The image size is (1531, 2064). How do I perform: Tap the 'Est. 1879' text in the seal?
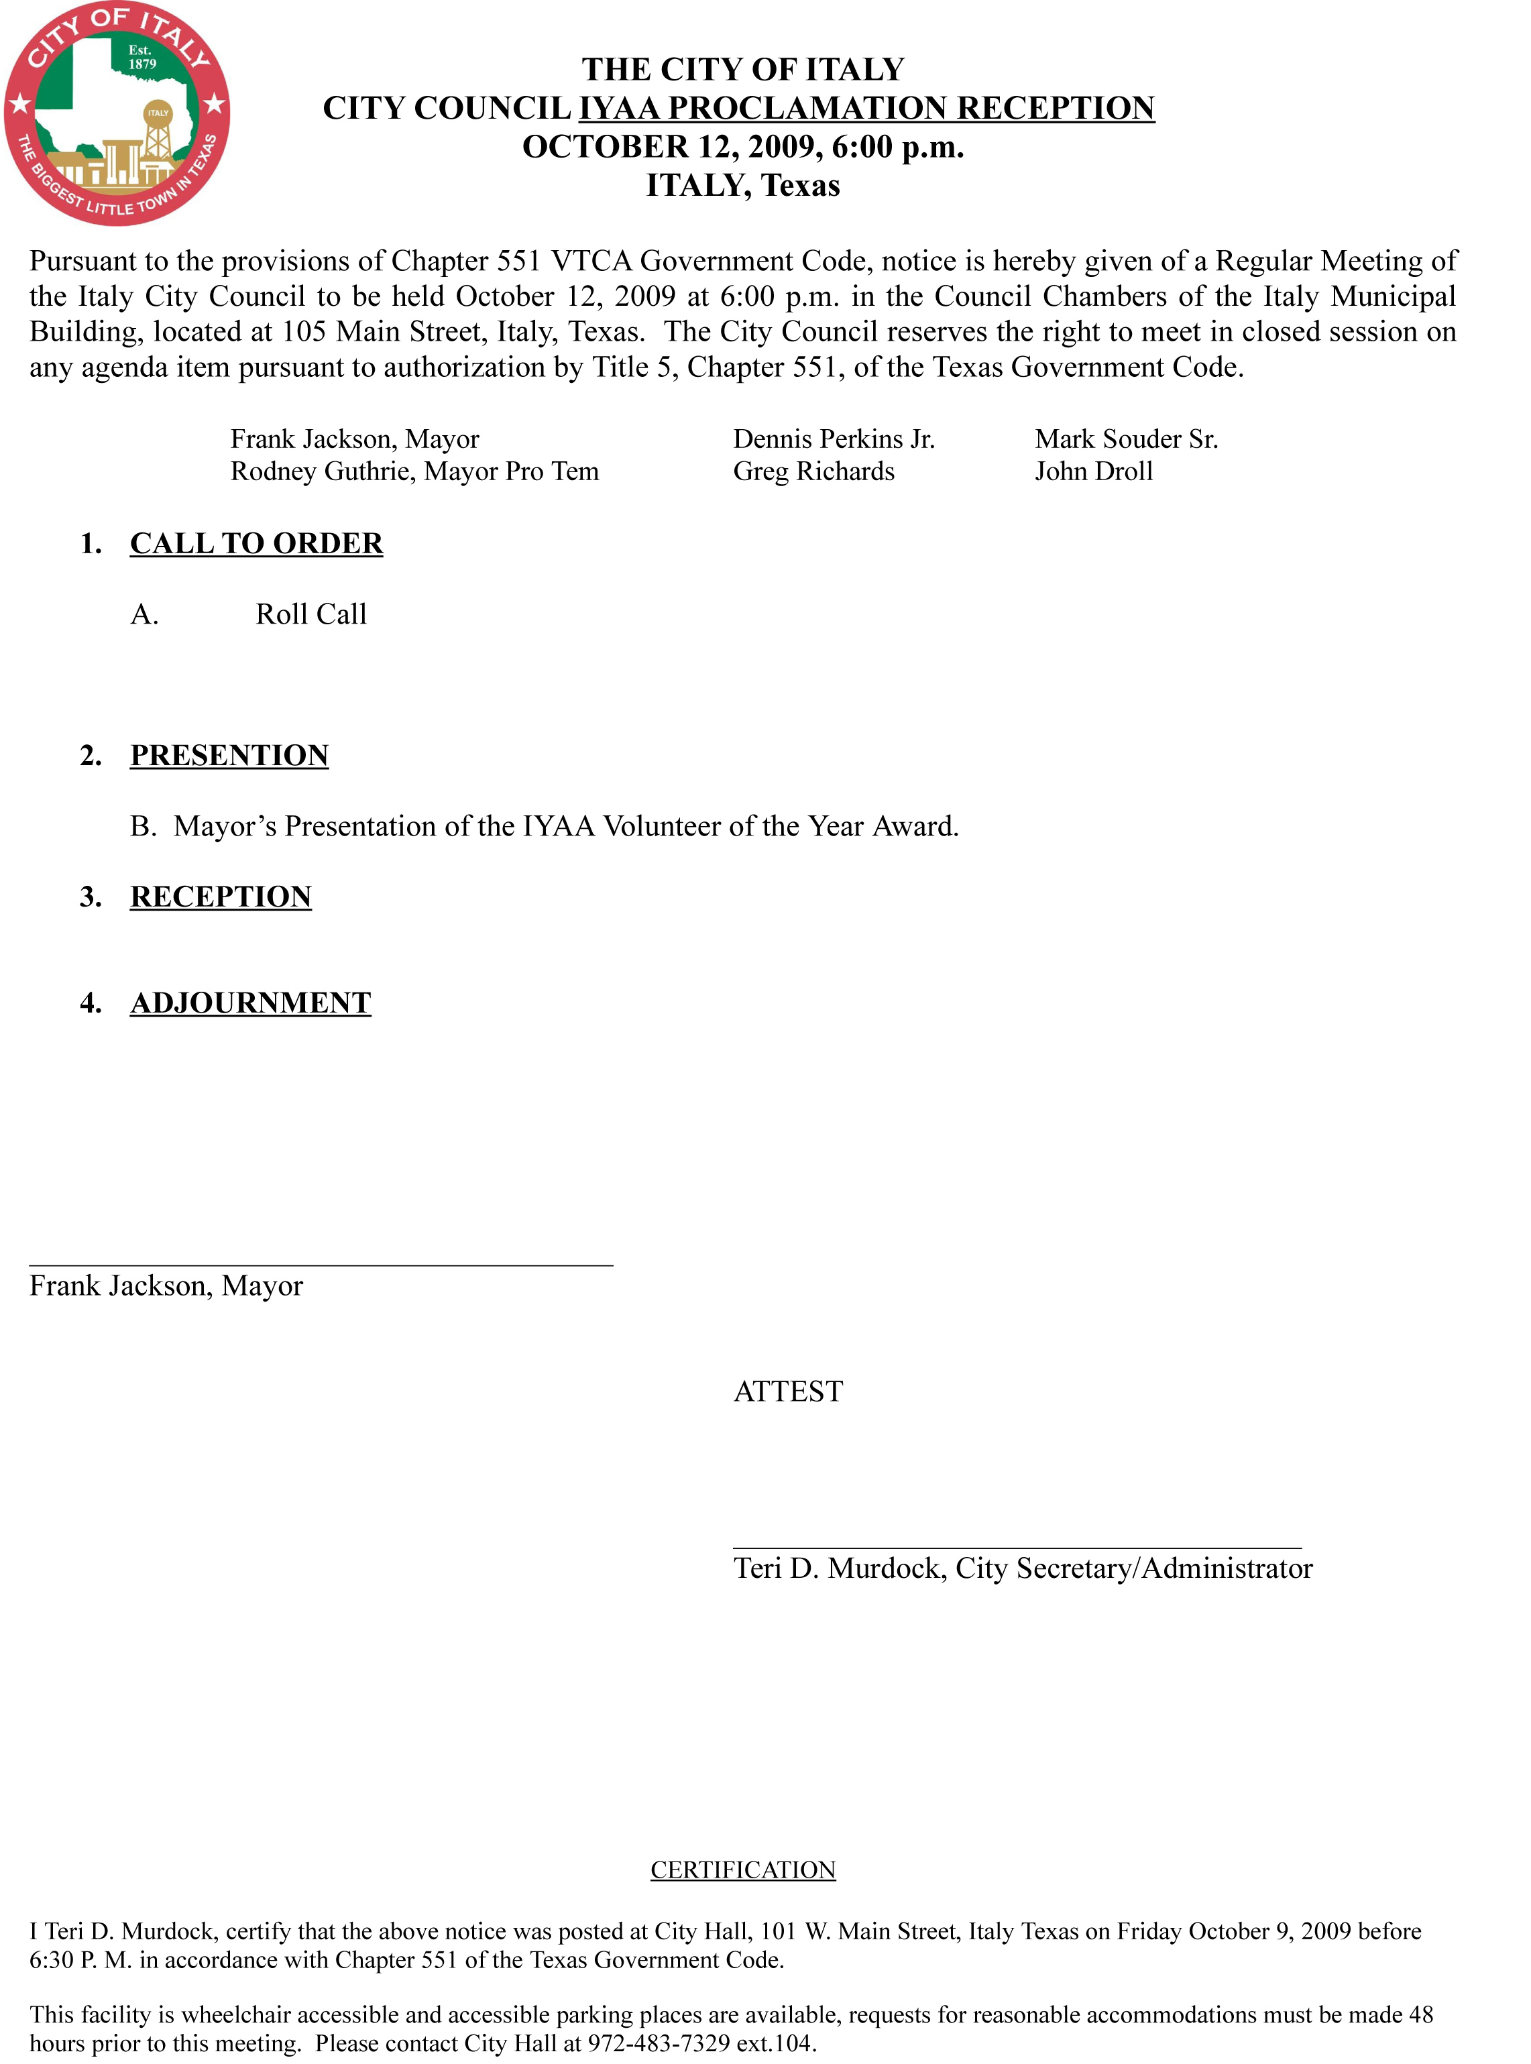(x=141, y=58)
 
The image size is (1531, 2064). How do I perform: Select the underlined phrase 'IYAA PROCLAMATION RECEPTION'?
(x=866, y=109)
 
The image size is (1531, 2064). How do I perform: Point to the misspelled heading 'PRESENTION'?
(x=229, y=755)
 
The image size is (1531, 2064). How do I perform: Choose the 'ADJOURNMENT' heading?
(x=250, y=1002)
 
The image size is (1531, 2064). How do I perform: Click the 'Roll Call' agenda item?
(x=310, y=614)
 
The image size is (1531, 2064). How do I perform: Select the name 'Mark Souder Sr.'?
(x=1126, y=439)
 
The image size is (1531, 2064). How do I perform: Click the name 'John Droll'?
(x=1094, y=472)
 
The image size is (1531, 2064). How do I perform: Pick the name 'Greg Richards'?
(x=813, y=472)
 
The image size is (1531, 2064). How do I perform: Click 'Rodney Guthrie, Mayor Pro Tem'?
(x=414, y=472)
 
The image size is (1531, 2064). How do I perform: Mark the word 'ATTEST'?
(x=788, y=1391)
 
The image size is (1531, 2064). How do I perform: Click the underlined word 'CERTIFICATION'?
(x=742, y=1870)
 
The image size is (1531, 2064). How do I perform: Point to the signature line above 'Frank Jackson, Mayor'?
(x=321, y=1264)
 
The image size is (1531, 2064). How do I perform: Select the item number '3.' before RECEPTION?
(x=91, y=897)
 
